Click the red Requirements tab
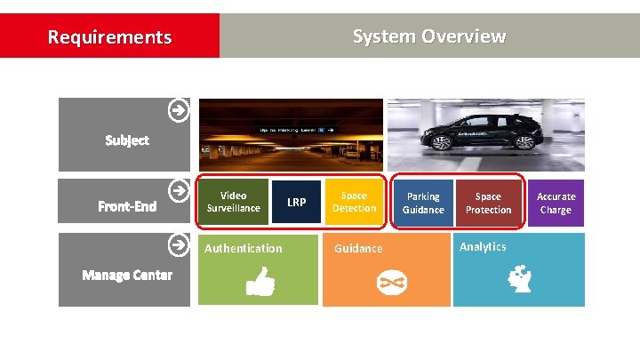(109, 36)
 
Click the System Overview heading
(428, 36)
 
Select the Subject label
(126, 140)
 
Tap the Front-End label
(127, 207)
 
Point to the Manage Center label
(127, 275)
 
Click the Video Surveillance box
(233, 202)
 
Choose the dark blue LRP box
(296, 203)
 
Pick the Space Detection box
(354, 202)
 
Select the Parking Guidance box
(423, 203)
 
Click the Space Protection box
(488, 203)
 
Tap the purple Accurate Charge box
(556, 203)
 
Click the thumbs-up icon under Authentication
(260, 282)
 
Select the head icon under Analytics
(521, 281)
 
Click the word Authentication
(243, 249)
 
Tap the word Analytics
(483, 247)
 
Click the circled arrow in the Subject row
(179, 111)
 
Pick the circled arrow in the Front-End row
(179, 190)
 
